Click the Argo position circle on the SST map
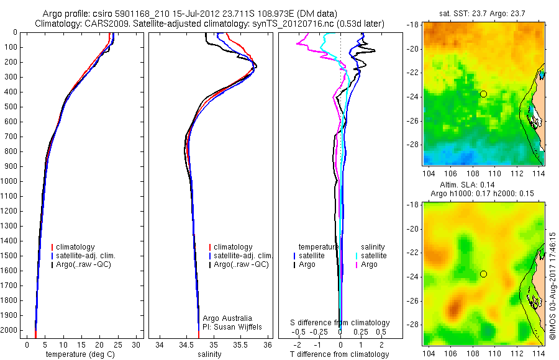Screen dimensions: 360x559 pyautogui.click(x=483, y=94)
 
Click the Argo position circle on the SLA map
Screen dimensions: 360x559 pyautogui.click(x=483, y=274)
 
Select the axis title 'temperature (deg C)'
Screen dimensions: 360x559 pyautogui.click(x=80, y=354)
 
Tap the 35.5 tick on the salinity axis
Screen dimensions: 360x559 pyautogui.click(x=241, y=344)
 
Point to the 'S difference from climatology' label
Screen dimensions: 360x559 pyautogui.click(x=340, y=323)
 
